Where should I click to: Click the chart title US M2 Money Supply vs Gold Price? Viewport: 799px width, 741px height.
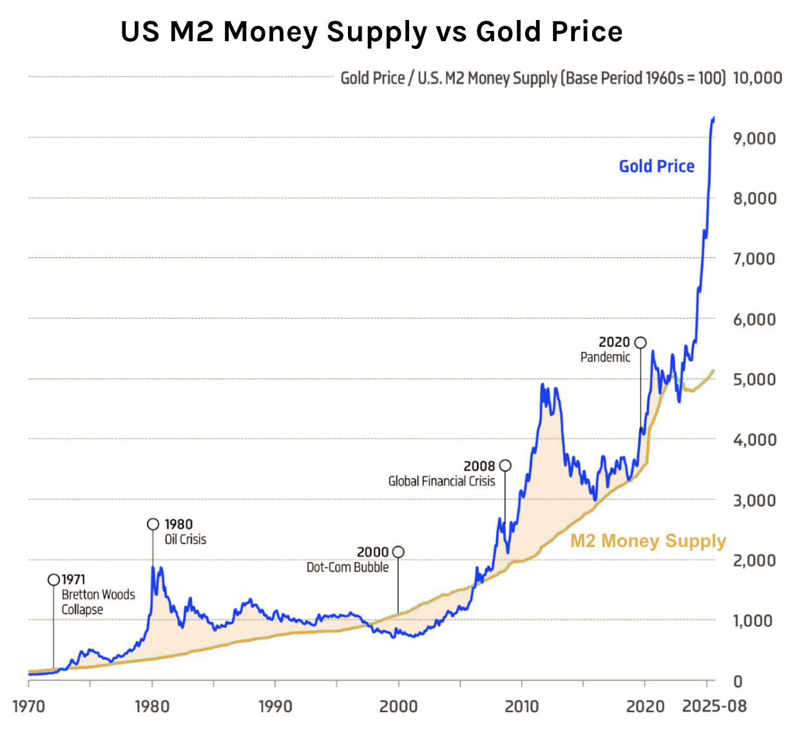[371, 32]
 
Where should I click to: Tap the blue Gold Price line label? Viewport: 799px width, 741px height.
[656, 166]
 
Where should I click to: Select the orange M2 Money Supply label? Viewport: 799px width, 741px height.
[648, 541]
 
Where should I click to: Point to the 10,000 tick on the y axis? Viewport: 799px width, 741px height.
[757, 78]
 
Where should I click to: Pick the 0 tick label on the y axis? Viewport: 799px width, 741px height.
[738, 681]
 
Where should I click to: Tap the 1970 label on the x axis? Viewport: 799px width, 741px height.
[28, 706]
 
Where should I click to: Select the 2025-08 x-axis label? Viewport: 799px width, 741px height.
[714, 706]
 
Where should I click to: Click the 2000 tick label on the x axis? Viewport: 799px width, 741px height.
[398, 706]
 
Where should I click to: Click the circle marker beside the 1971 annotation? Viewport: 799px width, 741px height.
[54, 580]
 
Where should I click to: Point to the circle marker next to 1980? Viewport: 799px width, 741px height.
[153, 524]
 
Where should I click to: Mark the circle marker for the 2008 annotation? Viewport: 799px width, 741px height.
[505, 465]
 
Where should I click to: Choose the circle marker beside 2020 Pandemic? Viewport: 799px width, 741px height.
[640, 342]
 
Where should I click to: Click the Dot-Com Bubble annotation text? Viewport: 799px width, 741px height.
[347, 568]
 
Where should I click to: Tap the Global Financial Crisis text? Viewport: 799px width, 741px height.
[441, 481]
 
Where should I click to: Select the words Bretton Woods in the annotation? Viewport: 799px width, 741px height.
[98, 595]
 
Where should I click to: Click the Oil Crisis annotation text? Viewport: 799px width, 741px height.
[186, 539]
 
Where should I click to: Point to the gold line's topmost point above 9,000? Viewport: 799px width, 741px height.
[713, 118]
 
